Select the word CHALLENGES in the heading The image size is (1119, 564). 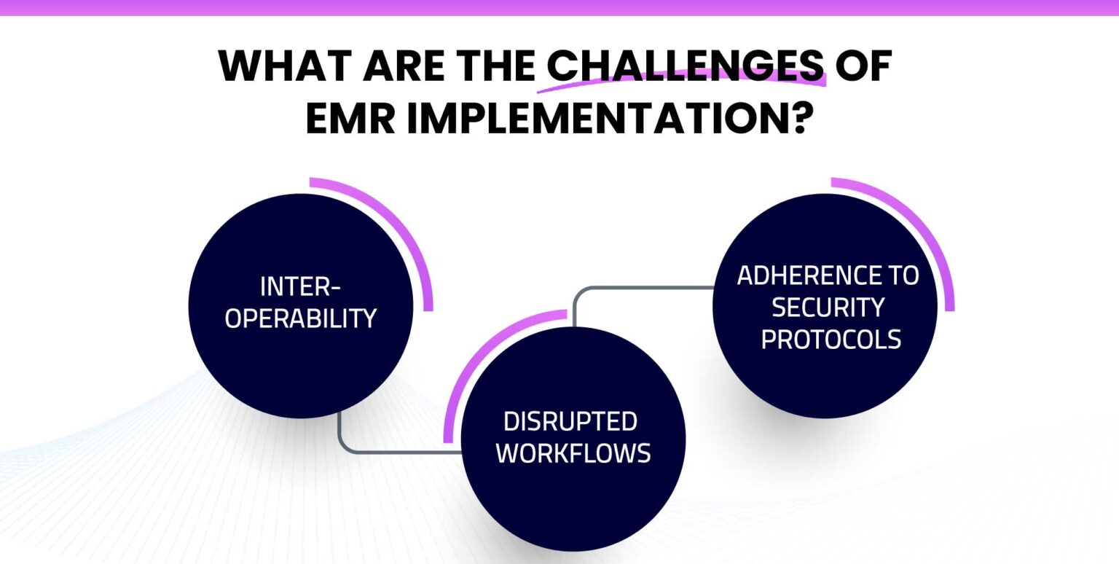click(686, 67)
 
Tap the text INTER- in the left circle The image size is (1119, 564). click(300, 287)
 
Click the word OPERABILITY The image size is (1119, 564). click(300, 318)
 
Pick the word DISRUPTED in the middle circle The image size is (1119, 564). click(570, 421)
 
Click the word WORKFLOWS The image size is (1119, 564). click(573, 453)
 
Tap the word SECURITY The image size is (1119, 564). click(828, 308)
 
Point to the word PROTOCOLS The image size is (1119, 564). click(831, 340)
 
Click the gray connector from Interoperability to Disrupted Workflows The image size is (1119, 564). click(379, 452)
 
